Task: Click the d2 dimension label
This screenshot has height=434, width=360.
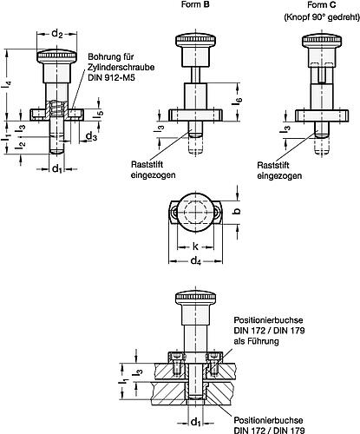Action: click(57, 34)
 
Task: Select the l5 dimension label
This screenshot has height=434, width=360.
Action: click(99, 112)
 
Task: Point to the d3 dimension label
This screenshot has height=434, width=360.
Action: click(91, 136)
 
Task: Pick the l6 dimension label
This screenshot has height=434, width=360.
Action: click(239, 101)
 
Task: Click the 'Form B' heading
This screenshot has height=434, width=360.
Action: click(195, 4)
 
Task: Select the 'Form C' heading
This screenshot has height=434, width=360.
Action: click(322, 5)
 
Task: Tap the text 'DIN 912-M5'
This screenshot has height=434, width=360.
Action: click(112, 77)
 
